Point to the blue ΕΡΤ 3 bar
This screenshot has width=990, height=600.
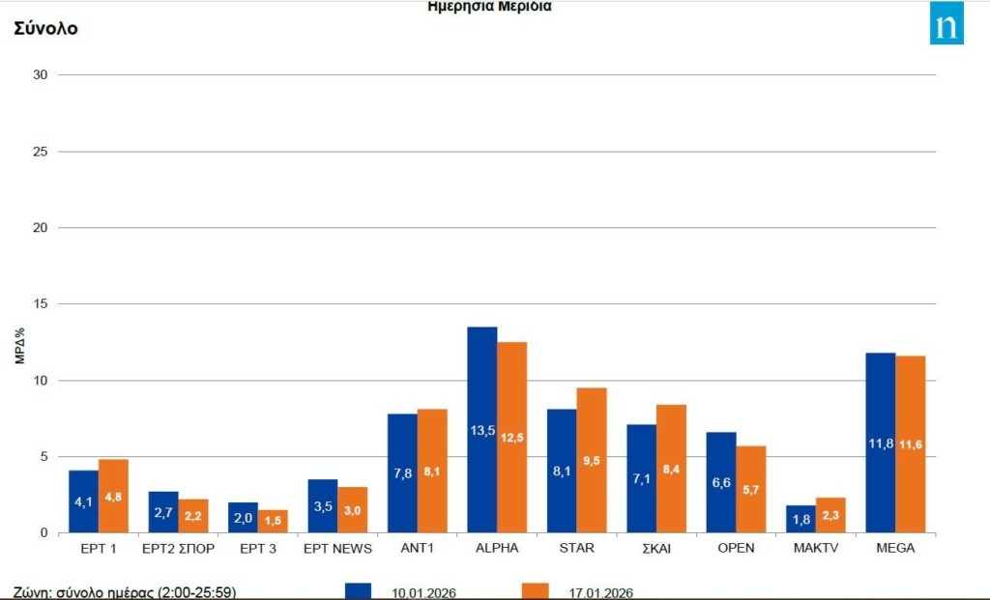[x=243, y=517]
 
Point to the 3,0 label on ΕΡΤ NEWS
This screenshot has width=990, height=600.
[x=352, y=511]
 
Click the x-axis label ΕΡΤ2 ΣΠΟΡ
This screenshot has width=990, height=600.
[x=177, y=548]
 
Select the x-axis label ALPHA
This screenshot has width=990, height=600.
[x=497, y=548]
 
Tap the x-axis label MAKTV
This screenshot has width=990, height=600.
[x=815, y=548]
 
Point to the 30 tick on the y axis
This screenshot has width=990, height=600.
[x=41, y=74]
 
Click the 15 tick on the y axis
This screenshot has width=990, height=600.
[x=41, y=303]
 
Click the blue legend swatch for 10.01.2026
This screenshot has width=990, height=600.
[x=358, y=591]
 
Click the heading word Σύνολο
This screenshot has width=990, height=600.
[x=45, y=28]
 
